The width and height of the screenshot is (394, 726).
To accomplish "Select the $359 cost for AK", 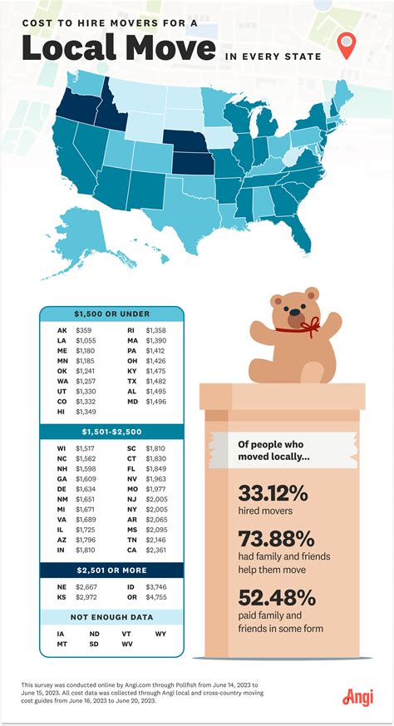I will pos(84,329).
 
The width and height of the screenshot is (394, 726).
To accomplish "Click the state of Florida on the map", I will pos(304,237).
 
